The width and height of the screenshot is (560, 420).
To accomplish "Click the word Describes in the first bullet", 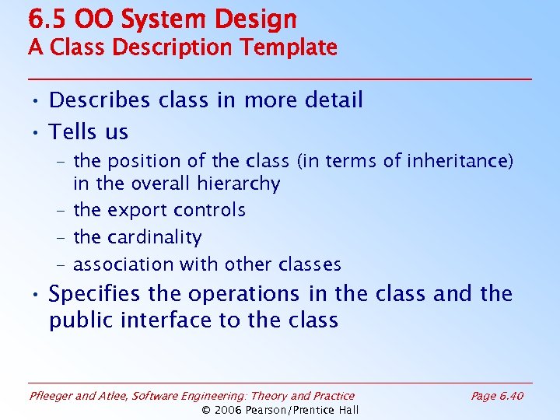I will click(99, 100).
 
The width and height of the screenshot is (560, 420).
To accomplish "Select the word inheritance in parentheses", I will click(460, 161).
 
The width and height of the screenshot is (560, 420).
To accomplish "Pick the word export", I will click(135, 211).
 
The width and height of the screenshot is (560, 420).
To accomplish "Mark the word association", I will click(122, 264).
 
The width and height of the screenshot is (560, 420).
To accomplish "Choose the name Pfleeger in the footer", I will click(51, 396).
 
